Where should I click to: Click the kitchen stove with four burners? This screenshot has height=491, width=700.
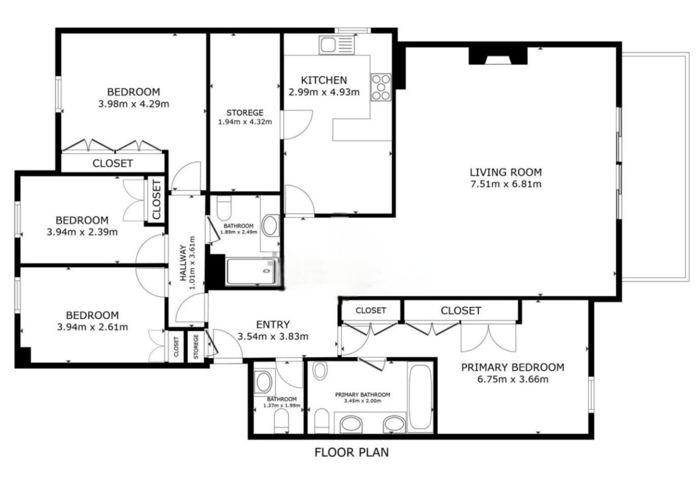[x=381, y=87]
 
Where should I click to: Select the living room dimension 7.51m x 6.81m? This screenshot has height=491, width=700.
[x=506, y=184]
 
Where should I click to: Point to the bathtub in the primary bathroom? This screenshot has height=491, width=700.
[x=420, y=398]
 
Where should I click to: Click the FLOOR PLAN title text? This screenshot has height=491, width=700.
[x=352, y=452]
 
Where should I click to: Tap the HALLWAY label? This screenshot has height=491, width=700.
[x=183, y=263]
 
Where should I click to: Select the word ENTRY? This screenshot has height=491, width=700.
[x=273, y=325]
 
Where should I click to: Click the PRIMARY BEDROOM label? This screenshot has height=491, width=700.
[x=513, y=367]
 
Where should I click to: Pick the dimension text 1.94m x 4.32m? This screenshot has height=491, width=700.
[x=245, y=122]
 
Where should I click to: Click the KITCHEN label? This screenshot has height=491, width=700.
[x=324, y=80]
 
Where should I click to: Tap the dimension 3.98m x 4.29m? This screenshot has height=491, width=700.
[x=134, y=104]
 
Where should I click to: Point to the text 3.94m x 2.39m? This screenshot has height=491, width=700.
[x=82, y=232]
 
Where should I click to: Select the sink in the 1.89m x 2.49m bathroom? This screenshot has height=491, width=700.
[x=270, y=225]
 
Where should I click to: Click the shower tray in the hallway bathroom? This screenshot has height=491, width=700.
[x=251, y=271]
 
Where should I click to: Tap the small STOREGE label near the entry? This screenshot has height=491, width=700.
[x=196, y=347]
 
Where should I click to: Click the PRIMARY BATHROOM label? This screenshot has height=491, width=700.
[x=363, y=395]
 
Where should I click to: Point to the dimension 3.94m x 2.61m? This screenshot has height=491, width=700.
[x=92, y=327]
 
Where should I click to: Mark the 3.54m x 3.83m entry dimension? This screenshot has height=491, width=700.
[x=273, y=337]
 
